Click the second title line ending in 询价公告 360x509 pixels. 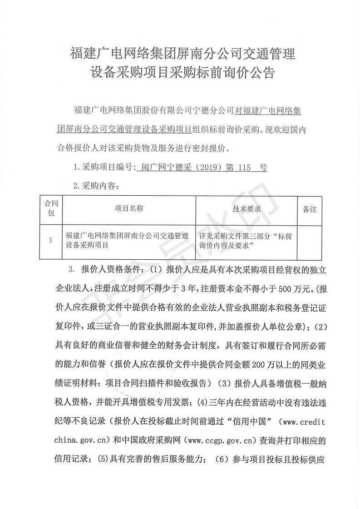coord(182,73)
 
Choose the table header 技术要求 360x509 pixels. coord(246,208)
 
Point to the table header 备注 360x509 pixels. coord(310,209)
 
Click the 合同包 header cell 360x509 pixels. coord(51,209)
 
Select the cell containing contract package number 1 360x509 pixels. coord(51,241)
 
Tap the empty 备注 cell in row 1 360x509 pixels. coord(310,241)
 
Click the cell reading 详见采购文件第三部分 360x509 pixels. coord(246,241)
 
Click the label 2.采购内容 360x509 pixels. coord(96,186)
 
